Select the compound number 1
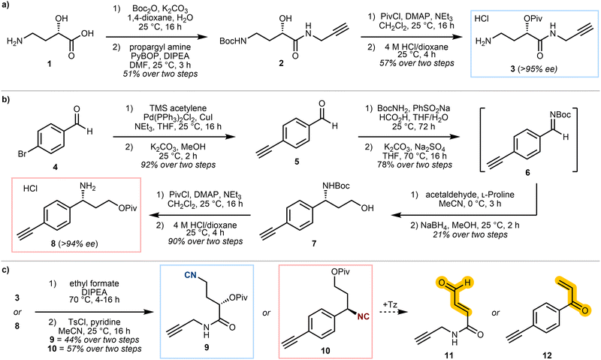[x=49, y=64]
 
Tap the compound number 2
[x=281, y=64]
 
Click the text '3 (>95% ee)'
[x=536, y=69]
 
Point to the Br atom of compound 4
[x=23, y=154]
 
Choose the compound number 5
[x=297, y=162]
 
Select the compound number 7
[x=314, y=243]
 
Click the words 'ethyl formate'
[x=95, y=283]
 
